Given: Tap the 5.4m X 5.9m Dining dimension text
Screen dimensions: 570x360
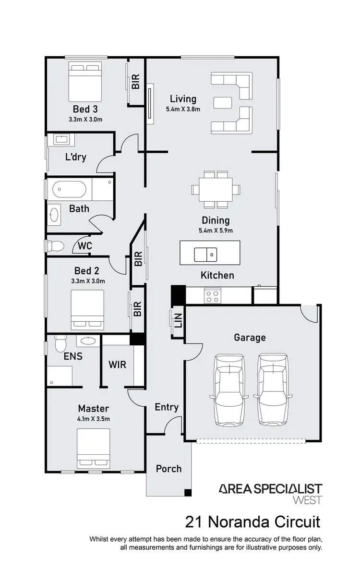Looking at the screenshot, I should pyautogui.click(x=216, y=231).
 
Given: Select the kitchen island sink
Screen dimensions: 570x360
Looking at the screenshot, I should pyautogui.click(x=205, y=253).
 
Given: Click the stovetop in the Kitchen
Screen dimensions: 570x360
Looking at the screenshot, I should pyautogui.click(x=212, y=295).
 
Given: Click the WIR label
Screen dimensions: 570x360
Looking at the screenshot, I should pyautogui.click(x=117, y=364).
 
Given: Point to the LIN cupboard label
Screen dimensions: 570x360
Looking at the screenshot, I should pyautogui.click(x=178, y=320).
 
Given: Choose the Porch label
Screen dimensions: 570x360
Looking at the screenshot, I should pyautogui.click(x=168, y=468).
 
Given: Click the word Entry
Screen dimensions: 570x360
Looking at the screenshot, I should pyautogui.click(x=167, y=407).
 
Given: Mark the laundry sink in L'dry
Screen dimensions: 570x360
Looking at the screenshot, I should pyautogui.click(x=61, y=140).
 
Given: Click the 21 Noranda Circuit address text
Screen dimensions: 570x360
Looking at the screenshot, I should pyautogui.click(x=252, y=521).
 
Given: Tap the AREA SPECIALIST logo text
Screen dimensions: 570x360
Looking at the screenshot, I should pyautogui.click(x=270, y=489).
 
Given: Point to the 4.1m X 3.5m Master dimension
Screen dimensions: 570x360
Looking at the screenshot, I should pyautogui.click(x=94, y=419).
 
